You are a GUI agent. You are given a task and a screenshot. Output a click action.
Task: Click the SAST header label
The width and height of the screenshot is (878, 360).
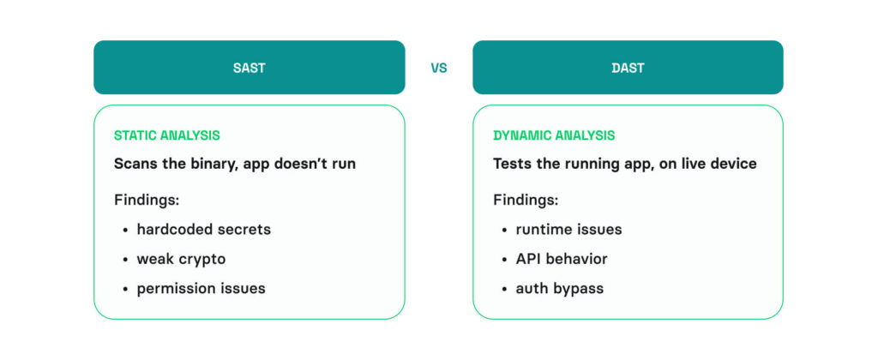click(x=249, y=68)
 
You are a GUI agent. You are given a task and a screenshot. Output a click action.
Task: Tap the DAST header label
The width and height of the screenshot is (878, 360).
click(x=628, y=68)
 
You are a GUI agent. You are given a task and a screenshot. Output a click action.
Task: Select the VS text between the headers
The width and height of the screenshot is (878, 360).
click(x=439, y=68)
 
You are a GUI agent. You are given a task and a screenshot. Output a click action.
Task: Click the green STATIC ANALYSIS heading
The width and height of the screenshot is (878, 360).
click(x=166, y=135)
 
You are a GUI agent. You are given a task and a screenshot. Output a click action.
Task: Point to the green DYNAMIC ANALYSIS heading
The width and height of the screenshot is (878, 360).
click(x=554, y=135)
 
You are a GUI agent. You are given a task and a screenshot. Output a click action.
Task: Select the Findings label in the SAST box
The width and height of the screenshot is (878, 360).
click(x=147, y=200)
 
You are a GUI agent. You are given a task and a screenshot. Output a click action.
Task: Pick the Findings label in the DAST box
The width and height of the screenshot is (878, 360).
click(x=526, y=200)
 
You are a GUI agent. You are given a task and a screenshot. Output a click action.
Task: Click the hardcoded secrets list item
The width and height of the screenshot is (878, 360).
click(x=203, y=229)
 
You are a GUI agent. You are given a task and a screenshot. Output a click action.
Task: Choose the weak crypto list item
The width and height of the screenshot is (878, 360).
click(x=181, y=258)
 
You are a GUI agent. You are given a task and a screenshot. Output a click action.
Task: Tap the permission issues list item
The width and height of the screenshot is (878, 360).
click(x=201, y=288)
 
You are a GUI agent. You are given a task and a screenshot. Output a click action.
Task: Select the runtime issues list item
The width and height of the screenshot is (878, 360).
click(x=568, y=229)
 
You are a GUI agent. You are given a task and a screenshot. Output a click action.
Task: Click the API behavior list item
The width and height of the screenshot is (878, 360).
click(x=561, y=258)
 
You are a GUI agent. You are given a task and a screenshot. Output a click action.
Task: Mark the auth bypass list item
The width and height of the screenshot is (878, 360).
click(x=559, y=288)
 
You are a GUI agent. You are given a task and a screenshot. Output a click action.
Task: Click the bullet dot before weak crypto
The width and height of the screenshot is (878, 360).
click(x=125, y=259)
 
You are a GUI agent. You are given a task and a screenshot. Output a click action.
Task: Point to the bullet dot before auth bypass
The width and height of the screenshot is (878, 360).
click(x=504, y=289)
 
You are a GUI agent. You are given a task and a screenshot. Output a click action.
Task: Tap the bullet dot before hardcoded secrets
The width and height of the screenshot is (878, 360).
click(x=125, y=230)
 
